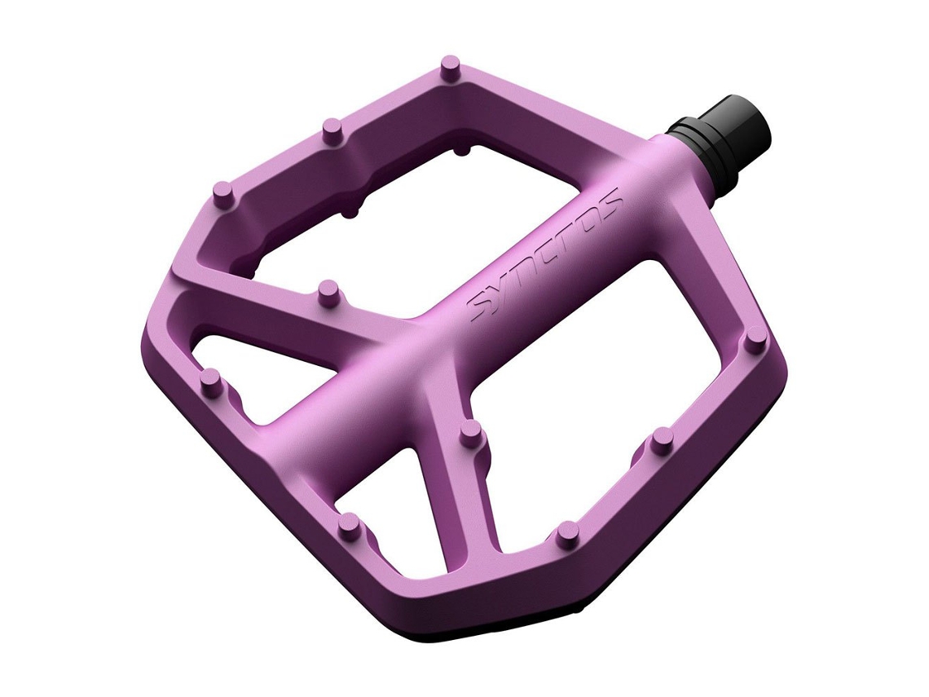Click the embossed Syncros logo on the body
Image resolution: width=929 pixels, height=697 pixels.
click(x=544, y=256)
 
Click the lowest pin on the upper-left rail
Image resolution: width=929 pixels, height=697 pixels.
click(x=224, y=195)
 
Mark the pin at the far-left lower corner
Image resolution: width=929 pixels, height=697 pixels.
click(x=211, y=382)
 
